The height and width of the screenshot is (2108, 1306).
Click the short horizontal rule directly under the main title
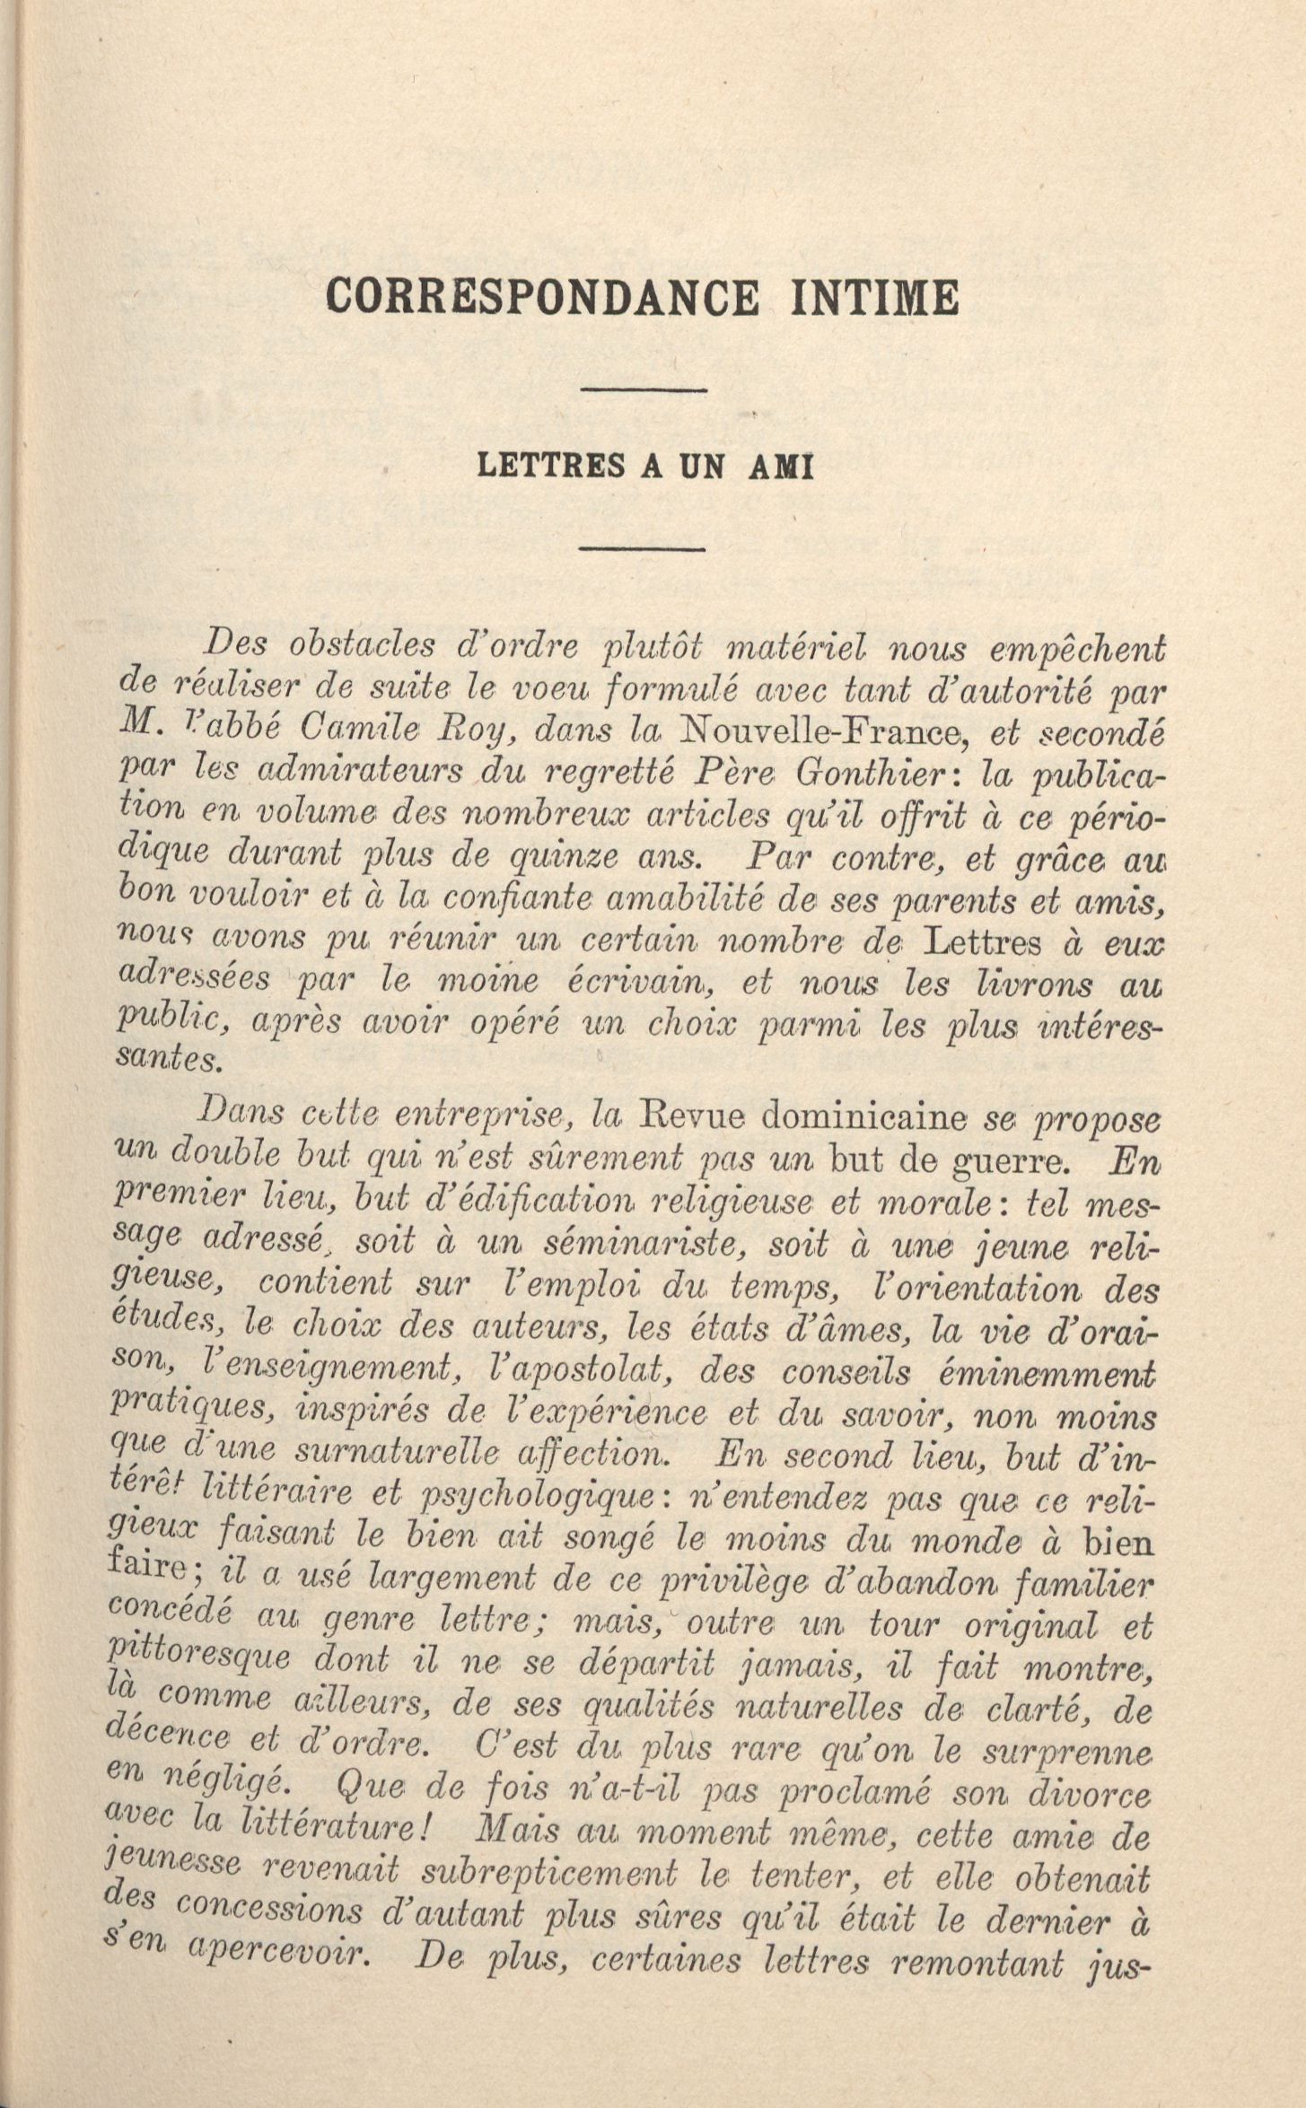click(645, 389)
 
